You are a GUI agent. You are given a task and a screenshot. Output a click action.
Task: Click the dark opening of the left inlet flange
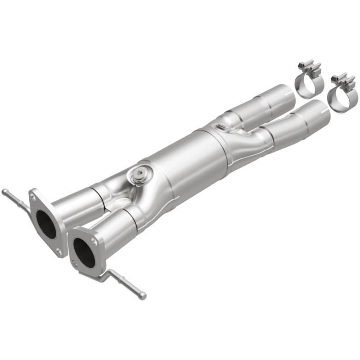click(46, 224)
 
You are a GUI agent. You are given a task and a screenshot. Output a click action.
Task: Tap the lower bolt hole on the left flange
click(58, 252)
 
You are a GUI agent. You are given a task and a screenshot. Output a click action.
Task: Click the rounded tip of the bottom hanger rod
click(143, 296)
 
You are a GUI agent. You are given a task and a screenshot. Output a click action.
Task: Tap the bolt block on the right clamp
click(345, 81)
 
